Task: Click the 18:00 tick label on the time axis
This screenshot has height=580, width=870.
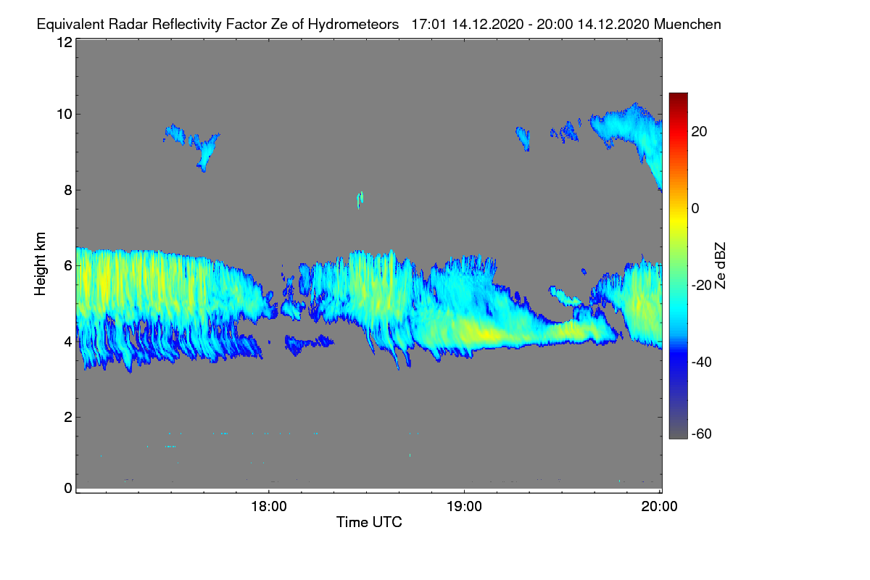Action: coord(269,506)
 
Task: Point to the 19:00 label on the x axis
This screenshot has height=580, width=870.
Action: coord(464,506)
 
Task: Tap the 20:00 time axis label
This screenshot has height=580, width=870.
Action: coord(659,506)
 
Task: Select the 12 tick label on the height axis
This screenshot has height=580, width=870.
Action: coord(65,42)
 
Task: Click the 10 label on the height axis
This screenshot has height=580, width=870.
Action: coord(65,115)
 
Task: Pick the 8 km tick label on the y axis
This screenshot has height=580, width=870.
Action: coord(68,190)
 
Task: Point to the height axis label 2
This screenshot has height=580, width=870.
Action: coord(68,417)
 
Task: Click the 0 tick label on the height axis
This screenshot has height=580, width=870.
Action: coord(68,489)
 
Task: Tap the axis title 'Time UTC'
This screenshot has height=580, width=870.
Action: coord(369,522)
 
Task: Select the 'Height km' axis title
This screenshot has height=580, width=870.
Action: coord(40,264)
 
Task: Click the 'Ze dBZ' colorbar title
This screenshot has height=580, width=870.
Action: coord(720,266)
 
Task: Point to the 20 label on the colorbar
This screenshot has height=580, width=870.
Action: coord(699,132)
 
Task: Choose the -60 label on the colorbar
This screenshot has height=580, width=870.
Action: coord(702,434)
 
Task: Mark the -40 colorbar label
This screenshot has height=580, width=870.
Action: coord(702,362)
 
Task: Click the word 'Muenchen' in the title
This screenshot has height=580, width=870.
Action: coord(687,24)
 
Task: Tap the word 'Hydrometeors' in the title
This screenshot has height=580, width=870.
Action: coord(353,25)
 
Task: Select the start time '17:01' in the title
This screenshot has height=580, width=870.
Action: coord(429,24)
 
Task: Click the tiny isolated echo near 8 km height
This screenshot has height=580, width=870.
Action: coord(360,199)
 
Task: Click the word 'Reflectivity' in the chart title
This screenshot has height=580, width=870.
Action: coord(187,25)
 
